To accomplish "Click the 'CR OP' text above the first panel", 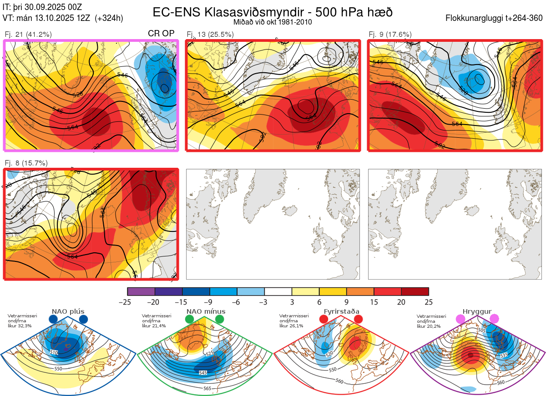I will pyautogui.click(x=161, y=34).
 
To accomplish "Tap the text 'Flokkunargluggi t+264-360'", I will pyautogui.click(x=495, y=18).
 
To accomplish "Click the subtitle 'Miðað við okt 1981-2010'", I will pyautogui.click(x=273, y=22).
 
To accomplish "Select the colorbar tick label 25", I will pyautogui.click(x=428, y=302).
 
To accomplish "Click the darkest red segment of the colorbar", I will pyautogui.click(x=415, y=291).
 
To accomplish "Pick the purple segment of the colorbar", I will pyautogui.click(x=141, y=291).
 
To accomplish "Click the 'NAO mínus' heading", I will pyautogui.click(x=206, y=311).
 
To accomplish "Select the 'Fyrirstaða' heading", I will pyautogui.click(x=341, y=311).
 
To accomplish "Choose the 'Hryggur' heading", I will pyautogui.click(x=478, y=311).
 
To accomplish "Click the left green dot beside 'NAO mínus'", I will pyautogui.click(x=190, y=320).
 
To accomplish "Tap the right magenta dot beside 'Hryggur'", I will pyautogui.click(x=494, y=320).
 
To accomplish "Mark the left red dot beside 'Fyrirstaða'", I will pyautogui.click(x=324, y=320).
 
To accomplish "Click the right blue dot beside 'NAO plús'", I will pyautogui.click(x=83, y=320).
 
